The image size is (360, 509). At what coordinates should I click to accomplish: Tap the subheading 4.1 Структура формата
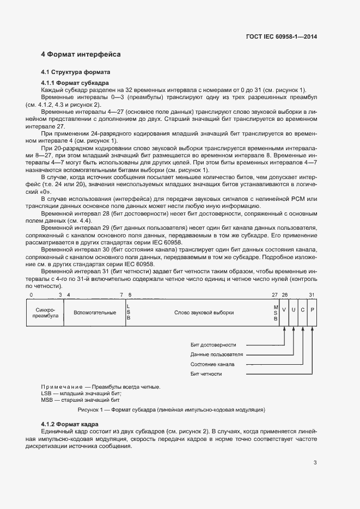pyautogui.click(x=76, y=72)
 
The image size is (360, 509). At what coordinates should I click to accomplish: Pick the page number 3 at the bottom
pyautogui.click(x=315, y=463)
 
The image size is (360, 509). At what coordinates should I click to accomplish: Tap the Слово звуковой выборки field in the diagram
pyautogui.click(x=204, y=312)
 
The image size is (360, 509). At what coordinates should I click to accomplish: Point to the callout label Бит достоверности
pyautogui.click(x=213, y=345)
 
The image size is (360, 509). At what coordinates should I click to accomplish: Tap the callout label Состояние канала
pyautogui.click(x=212, y=364)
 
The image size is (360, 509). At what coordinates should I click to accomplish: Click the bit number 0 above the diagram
pyautogui.click(x=31, y=295)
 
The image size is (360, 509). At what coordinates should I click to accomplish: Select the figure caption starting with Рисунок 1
pyautogui.click(x=172, y=409)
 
